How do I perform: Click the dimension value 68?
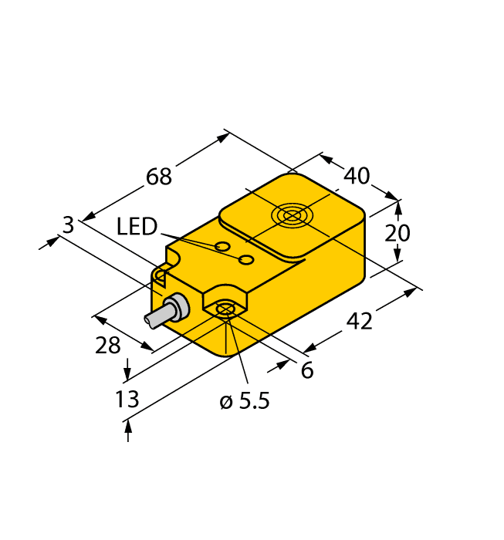(159, 177)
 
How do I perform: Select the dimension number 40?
(356, 177)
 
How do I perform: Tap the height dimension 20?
(397, 232)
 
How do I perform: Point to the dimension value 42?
(358, 321)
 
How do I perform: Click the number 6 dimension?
(306, 371)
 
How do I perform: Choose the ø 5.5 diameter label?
(245, 401)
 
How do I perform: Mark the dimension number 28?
(108, 346)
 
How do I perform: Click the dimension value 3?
(68, 225)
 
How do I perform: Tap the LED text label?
(137, 227)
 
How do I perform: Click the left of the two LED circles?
(222, 247)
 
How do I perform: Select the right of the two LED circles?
(246, 259)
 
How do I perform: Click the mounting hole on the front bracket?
(225, 310)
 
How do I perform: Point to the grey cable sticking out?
(156, 317)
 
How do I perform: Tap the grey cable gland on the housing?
(177, 307)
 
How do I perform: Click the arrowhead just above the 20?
(397, 208)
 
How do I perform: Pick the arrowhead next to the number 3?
(52, 241)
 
